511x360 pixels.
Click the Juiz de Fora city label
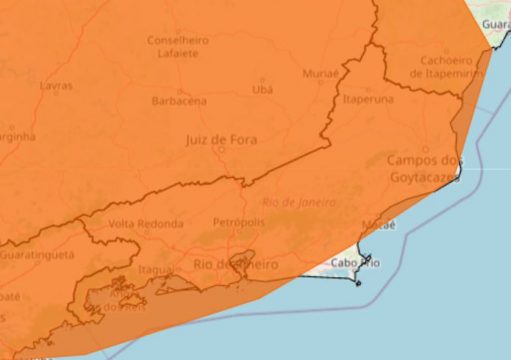tap(221, 140)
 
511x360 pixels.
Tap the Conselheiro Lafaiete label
tap(178, 46)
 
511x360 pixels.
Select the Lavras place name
tap(55, 86)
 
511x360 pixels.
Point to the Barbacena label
tap(179, 101)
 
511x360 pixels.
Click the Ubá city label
tap(263, 90)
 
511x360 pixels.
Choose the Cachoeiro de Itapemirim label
tap(446, 66)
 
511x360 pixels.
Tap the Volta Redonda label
tap(139, 223)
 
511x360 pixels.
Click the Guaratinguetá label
tap(37, 255)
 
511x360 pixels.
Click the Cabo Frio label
tap(355, 263)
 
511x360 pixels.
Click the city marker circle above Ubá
tap(263, 79)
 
